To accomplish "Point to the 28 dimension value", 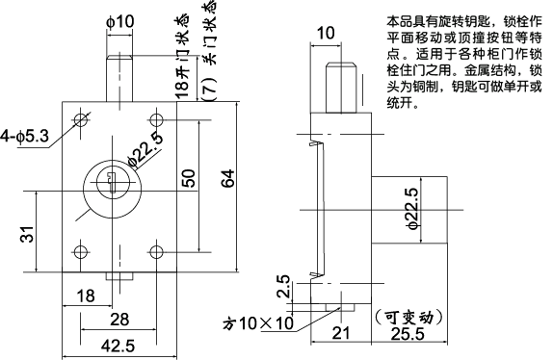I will click(118, 319).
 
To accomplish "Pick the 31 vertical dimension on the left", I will click(26, 234).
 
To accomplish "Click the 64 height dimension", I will click(228, 180).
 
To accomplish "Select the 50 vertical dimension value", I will click(189, 178).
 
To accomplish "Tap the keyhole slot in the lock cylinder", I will click(112, 180).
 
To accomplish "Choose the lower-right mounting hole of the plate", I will click(156, 253).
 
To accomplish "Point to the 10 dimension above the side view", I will click(326, 33).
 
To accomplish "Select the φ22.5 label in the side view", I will click(412, 219).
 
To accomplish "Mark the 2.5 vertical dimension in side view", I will click(282, 287).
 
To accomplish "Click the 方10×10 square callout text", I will click(257, 323).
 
